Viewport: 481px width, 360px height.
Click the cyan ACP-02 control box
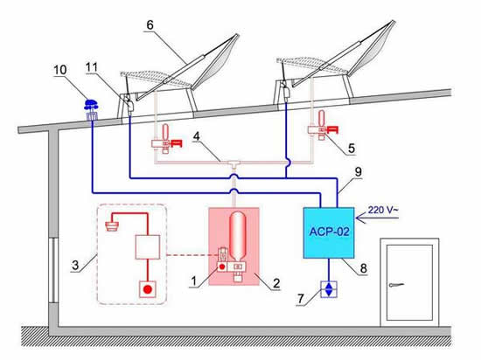(x=329, y=232)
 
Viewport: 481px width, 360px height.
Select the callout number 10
(x=60, y=70)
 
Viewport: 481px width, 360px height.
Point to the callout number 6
(x=150, y=25)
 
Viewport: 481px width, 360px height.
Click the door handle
(x=396, y=285)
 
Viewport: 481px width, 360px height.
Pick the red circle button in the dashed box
(x=148, y=289)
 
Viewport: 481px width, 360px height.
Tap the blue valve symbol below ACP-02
(x=329, y=289)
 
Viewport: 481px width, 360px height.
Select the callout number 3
(x=75, y=266)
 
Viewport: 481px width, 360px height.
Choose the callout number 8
(x=363, y=269)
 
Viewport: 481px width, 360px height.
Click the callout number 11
(x=92, y=67)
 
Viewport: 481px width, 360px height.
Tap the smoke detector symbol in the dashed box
(x=111, y=226)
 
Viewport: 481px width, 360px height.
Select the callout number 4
(x=196, y=136)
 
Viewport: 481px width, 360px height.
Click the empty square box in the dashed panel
(x=148, y=247)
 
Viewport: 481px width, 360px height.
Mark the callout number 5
(x=352, y=149)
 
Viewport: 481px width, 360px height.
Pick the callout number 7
(x=301, y=299)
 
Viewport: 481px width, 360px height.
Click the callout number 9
(x=359, y=172)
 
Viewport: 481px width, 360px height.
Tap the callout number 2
(x=276, y=283)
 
